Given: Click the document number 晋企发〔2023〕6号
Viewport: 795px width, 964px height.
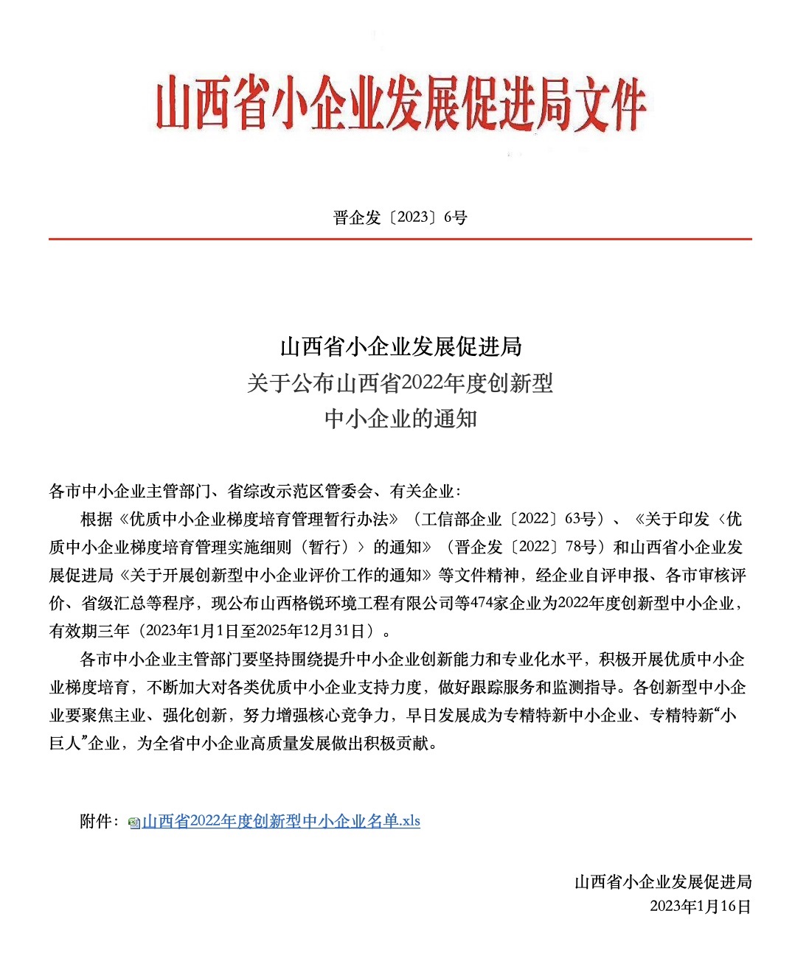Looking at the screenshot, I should tap(400, 217).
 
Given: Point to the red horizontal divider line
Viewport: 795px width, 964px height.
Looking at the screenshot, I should tap(400, 239).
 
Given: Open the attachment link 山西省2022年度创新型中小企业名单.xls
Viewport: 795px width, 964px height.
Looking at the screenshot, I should tap(281, 821).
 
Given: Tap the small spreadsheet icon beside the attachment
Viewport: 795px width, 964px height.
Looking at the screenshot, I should tap(134, 822).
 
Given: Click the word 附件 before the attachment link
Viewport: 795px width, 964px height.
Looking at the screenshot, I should tap(96, 821).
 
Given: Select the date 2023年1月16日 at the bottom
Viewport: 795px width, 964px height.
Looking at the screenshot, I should tap(700, 906).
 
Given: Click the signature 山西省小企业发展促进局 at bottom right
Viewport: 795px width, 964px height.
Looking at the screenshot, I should tap(663, 881).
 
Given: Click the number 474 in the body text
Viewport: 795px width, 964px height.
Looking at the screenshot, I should tap(481, 603).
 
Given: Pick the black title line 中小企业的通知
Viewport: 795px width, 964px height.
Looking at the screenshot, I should tap(400, 419).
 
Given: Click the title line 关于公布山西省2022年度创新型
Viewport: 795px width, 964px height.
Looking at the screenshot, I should tap(400, 383).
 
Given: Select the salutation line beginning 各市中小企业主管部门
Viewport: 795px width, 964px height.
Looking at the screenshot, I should tap(254, 492).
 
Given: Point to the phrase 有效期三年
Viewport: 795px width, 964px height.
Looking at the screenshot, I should tap(89, 631).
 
